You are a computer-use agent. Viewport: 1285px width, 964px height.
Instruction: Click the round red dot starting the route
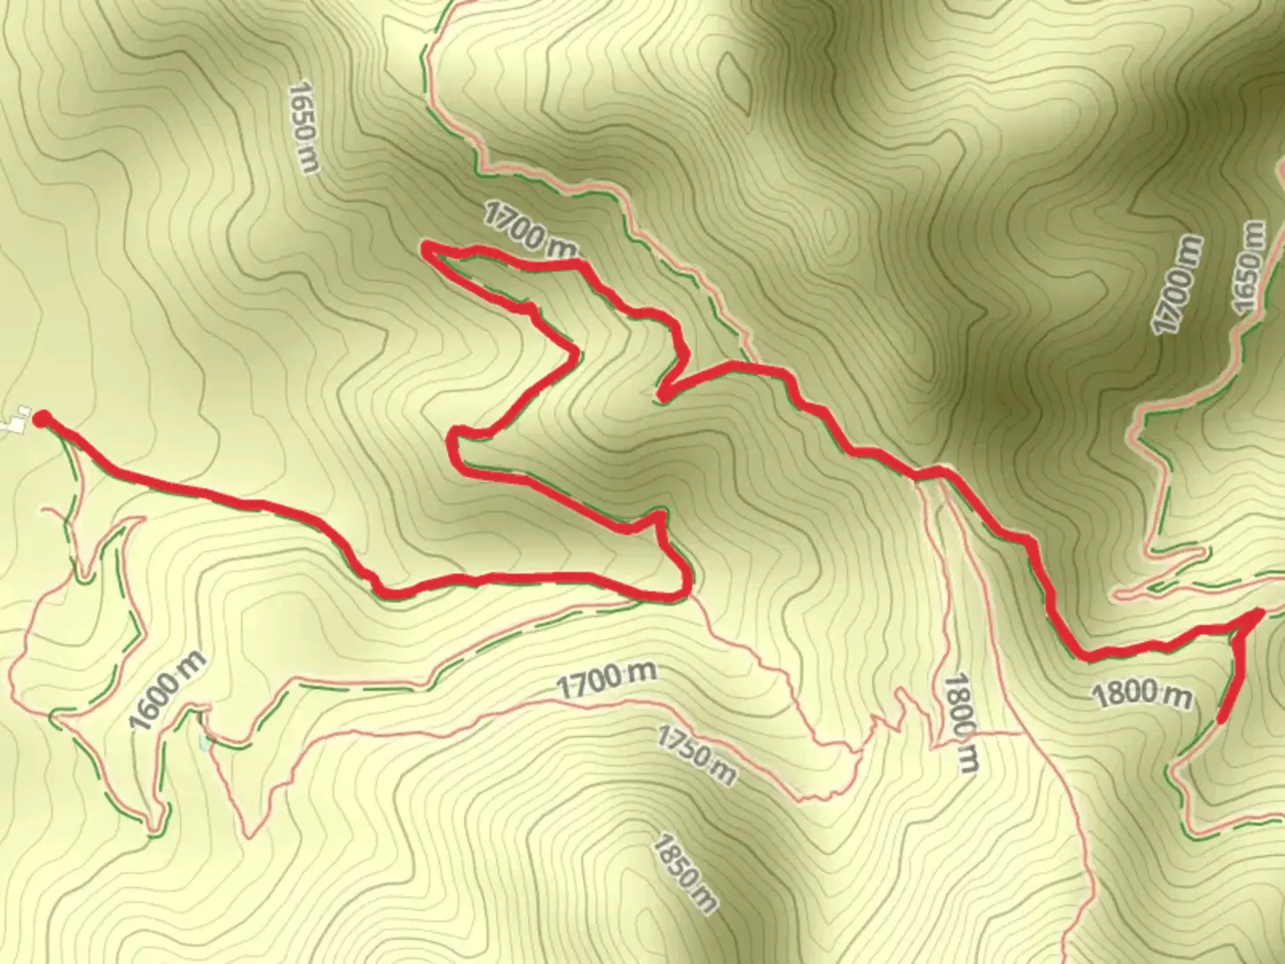(40, 418)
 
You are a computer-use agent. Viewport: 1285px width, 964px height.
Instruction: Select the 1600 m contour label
(169, 689)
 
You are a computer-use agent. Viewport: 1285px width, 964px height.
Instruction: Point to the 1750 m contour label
(697, 755)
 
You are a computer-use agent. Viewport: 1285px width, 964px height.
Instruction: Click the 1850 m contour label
(685, 874)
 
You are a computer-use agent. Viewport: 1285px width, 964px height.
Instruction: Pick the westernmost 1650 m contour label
(303, 128)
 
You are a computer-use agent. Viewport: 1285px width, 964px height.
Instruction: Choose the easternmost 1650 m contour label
(1248, 268)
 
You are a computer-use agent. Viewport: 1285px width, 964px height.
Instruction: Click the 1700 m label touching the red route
(530, 229)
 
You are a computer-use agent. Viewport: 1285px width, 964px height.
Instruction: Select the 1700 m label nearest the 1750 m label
(607, 680)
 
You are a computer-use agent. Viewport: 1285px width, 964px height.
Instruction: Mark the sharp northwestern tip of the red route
(426, 246)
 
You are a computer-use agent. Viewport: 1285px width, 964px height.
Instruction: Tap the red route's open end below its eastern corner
(1221, 719)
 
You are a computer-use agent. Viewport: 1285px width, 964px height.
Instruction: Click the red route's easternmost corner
(1259, 613)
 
